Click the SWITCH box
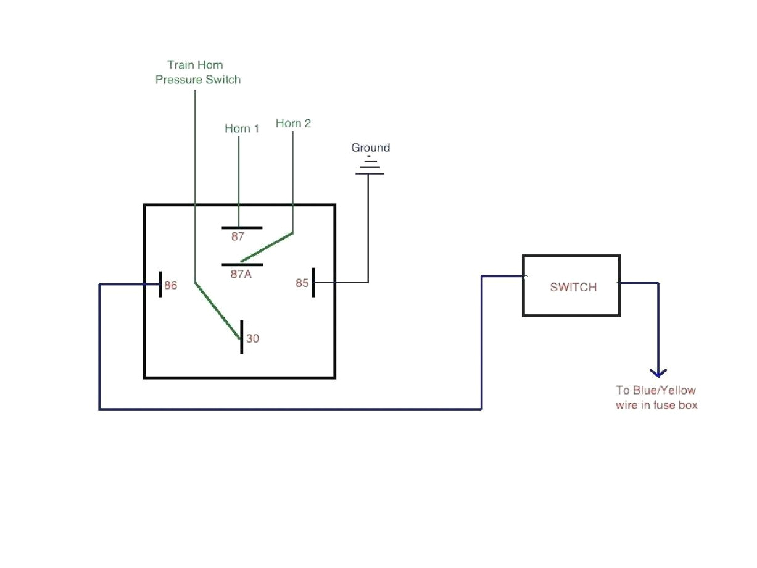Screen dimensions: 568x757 [x=571, y=286]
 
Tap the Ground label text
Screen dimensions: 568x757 [x=370, y=148]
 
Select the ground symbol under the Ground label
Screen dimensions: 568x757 [x=370, y=167]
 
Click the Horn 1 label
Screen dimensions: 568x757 [x=242, y=128]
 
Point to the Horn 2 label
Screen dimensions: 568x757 [x=293, y=123]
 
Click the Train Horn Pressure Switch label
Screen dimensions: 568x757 [x=197, y=72]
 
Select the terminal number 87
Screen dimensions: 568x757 [x=238, y=237]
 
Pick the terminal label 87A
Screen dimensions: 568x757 [x=241, y=274]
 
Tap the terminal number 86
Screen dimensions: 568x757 [x=170, y=285]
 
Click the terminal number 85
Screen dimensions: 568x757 [x=302, y=283]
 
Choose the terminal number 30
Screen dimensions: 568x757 [x=253, y=338]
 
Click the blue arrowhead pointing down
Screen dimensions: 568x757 [x=658, y=372]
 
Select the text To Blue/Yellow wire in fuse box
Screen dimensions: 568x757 [x=656, y=398]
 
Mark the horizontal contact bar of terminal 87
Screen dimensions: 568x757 [x=242, y=228]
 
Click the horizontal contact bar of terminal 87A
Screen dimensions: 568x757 [x=242, y=265]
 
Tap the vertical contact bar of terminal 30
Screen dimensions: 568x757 [x=241, y=337]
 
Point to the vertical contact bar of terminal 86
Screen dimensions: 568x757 [x=160, y=284]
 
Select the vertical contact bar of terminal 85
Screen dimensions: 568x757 [x=313, y=282]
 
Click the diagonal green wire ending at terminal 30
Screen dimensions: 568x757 [x=217, y=311]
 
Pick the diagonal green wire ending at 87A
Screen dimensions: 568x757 [x=267, y=248]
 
